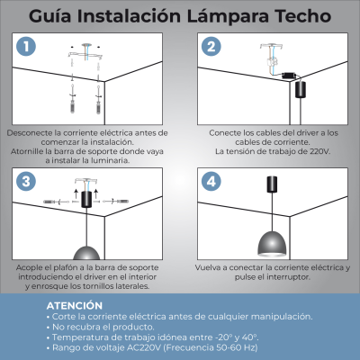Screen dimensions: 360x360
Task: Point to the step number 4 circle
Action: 211,181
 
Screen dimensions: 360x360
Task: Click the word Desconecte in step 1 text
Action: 32,132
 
